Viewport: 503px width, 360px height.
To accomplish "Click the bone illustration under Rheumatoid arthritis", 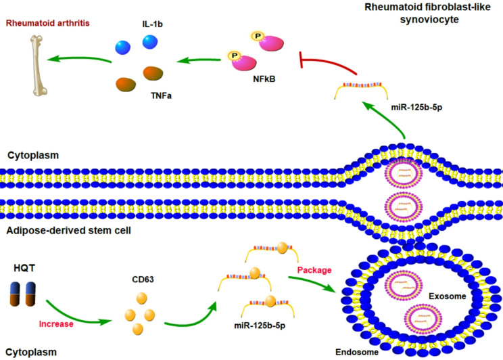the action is click(x=38, y=66).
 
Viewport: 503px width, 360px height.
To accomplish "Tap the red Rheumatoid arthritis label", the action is click(x=48, y=23).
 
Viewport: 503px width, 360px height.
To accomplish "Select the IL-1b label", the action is click(x=152, y=24).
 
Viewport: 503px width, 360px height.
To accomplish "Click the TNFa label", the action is click(x=161, y=95).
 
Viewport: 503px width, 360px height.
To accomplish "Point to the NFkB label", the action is click(x=264, y=79).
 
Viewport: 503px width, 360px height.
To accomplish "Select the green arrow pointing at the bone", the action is click(x=79, y=59).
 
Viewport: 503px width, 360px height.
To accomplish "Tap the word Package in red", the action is click(x=314, y=270).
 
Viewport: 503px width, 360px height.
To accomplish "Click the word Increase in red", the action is click(x=56, y=324).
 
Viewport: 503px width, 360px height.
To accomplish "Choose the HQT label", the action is click(x=24, y=268).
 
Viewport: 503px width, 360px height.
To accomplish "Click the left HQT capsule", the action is click(x=15, y=294).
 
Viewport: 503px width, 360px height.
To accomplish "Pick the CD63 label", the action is click(x=143, y=279).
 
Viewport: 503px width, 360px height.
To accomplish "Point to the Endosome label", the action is click(x=357, y=353).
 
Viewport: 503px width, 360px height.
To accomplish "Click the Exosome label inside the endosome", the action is click(x=447, y=296).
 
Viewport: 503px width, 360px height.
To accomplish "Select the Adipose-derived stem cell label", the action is click(x=69, y=231).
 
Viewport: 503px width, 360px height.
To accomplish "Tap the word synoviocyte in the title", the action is click(x=429, y=19).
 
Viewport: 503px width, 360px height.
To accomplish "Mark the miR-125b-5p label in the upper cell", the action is click(x=416, y=108).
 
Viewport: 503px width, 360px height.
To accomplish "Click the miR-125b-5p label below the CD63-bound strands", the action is click(x=260, y=325).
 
